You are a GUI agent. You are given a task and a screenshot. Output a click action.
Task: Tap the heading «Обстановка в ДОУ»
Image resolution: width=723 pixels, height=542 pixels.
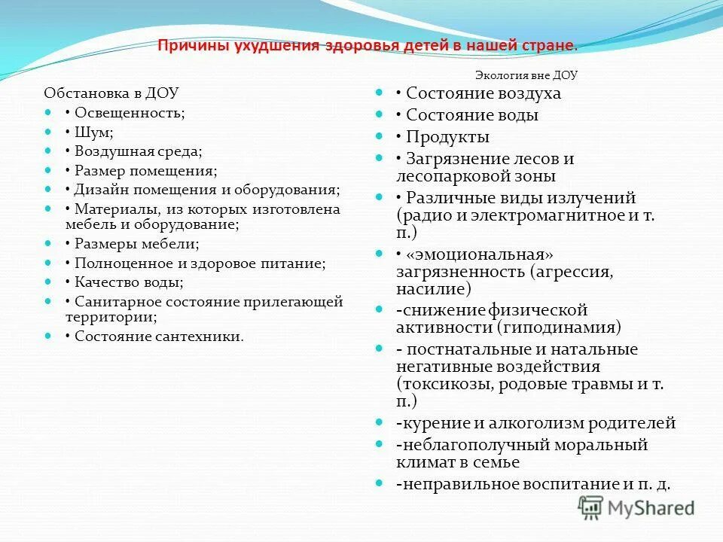coord(111,93)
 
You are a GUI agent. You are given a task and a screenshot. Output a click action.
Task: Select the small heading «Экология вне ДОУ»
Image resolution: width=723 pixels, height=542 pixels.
coord(526,75)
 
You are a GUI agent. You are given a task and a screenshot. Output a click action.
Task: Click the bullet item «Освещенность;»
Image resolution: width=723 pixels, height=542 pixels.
coord(129,113)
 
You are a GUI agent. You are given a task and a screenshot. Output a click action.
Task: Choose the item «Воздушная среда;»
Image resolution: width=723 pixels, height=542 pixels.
coord(138,151)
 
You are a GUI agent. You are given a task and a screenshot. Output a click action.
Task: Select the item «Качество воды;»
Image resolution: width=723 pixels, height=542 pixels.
coord(129,282)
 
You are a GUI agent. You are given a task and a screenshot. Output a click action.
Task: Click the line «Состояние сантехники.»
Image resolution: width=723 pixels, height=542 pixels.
coord(159,336)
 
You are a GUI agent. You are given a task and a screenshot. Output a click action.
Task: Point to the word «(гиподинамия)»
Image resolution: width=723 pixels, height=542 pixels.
coord(559,327)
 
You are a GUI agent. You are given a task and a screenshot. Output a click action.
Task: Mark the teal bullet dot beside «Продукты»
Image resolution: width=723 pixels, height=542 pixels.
coord(381,137)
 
